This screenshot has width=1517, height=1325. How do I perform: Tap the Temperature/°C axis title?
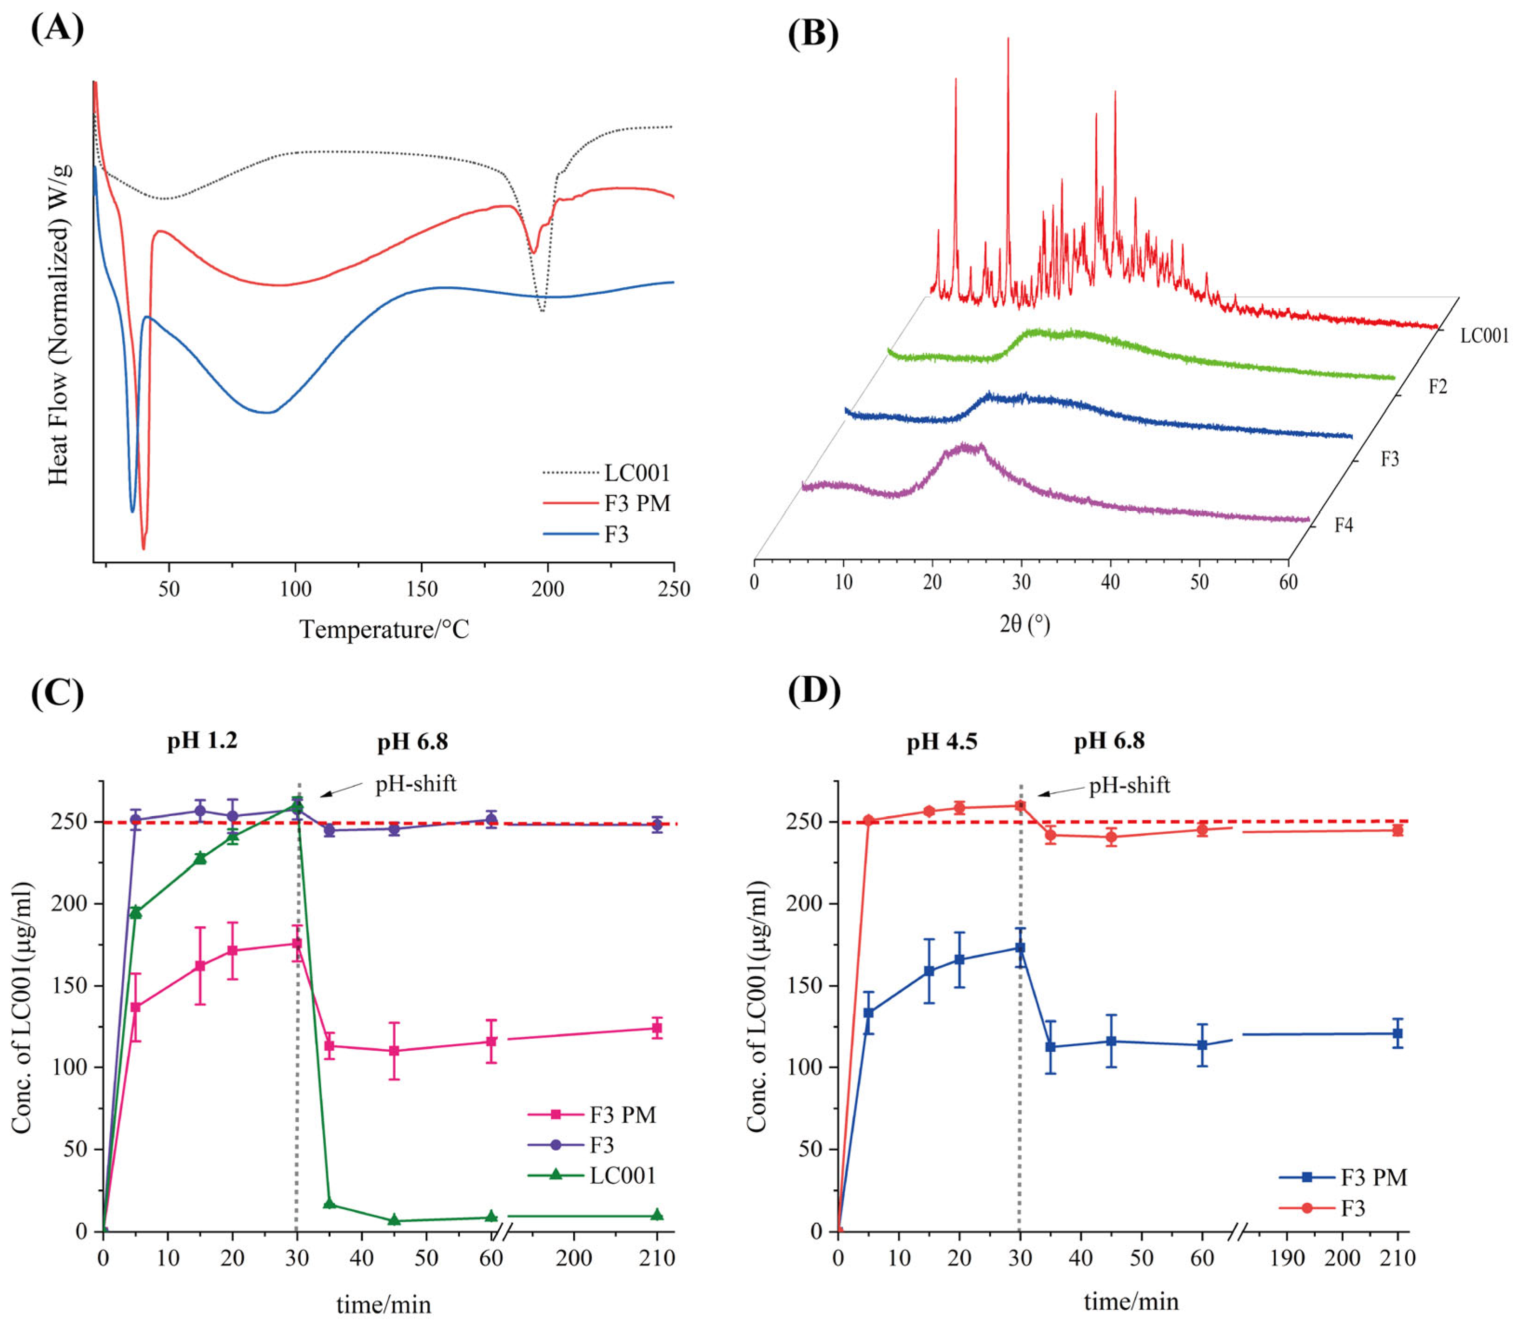(x=384, y=629)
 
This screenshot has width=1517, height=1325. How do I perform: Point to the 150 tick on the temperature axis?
(x=422, y=589)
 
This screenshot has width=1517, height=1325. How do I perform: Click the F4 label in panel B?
(x=1344, y=525)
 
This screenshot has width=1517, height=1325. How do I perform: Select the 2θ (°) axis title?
(x=1024, y=625)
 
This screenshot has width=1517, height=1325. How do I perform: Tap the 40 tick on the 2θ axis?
(x=1110, y=582)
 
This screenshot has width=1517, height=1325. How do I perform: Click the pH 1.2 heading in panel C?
(x=202, y=741)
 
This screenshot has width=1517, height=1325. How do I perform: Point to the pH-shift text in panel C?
(x=416, y=784)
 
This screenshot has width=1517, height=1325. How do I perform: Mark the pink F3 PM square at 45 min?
(x=394, y=1051)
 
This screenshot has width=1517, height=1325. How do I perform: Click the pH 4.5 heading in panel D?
(x=941, y=742)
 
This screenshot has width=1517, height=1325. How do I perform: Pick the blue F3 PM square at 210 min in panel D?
(x=1397, y=1034)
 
